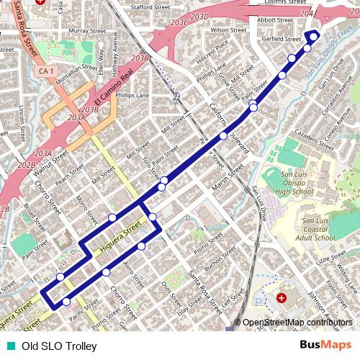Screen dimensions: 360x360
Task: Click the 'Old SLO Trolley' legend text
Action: pos(59,346)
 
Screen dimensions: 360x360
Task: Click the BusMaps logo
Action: pos(325,346)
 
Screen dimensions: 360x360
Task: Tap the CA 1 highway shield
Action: pos(47,71)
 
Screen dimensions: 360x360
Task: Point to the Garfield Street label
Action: pos(282,39)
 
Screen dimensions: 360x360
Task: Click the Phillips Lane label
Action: pos(133,95)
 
